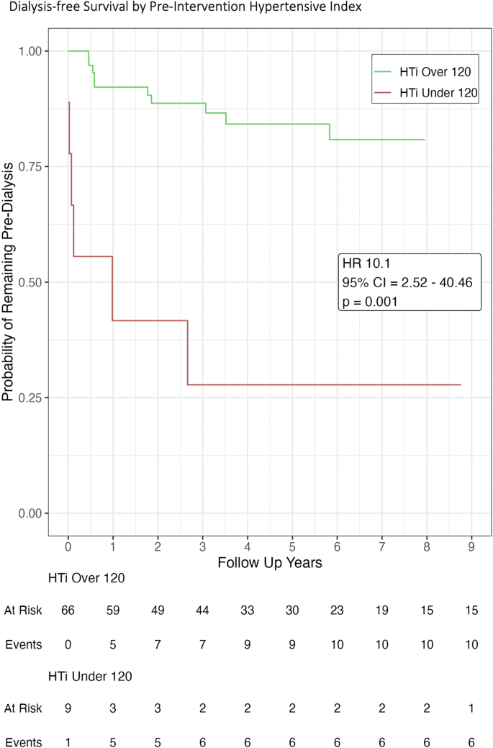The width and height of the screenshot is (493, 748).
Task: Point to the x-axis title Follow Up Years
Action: tap(270, 563)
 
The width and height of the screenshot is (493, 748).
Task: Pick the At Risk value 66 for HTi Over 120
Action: tap(68, 610)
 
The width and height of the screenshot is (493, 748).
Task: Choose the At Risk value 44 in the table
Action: tap(202, 610)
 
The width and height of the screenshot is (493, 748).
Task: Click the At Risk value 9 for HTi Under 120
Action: tap(68, 709)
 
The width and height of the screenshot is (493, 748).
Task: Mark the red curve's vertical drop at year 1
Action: tap(112, 288)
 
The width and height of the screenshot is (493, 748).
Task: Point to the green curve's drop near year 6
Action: tap(330, 132)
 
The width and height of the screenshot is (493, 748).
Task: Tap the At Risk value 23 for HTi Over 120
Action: tap(337, 610)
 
